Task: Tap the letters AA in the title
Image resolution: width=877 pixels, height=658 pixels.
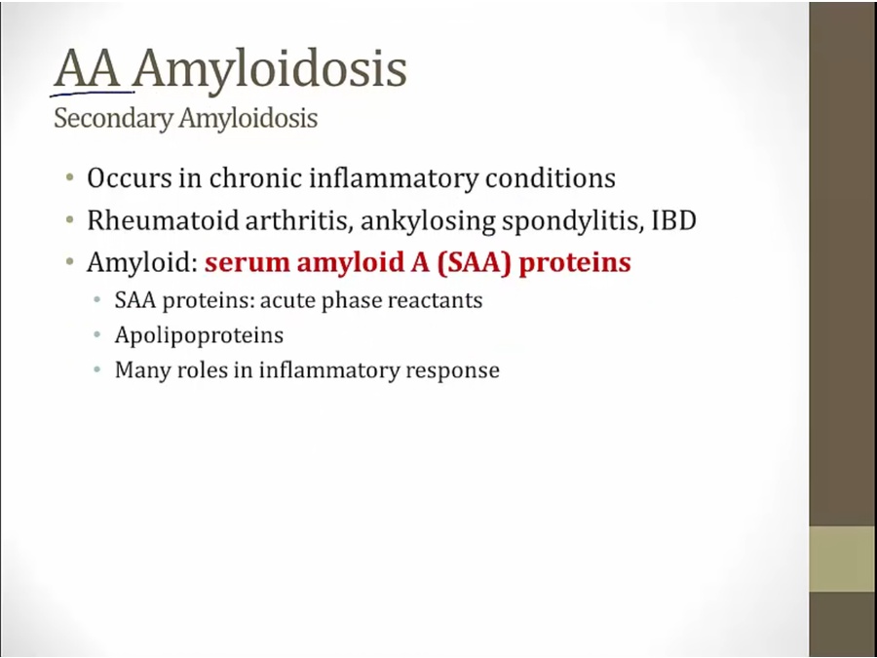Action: [x=88, y=68]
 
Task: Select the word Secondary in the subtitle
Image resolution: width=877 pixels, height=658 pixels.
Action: [x=114, y=119]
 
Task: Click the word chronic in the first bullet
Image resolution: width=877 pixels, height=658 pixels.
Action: [x=255, y=178]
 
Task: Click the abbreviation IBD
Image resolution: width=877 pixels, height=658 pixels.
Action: [x=674, y=220]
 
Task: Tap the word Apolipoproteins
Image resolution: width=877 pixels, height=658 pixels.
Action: [x=199, y=335]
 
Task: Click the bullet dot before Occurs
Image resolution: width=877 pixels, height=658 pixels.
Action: [x=70, y=178]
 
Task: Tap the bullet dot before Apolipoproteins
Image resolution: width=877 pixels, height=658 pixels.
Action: [x=97, y=335]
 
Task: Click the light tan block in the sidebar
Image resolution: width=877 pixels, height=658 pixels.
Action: [x=843, y=559]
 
